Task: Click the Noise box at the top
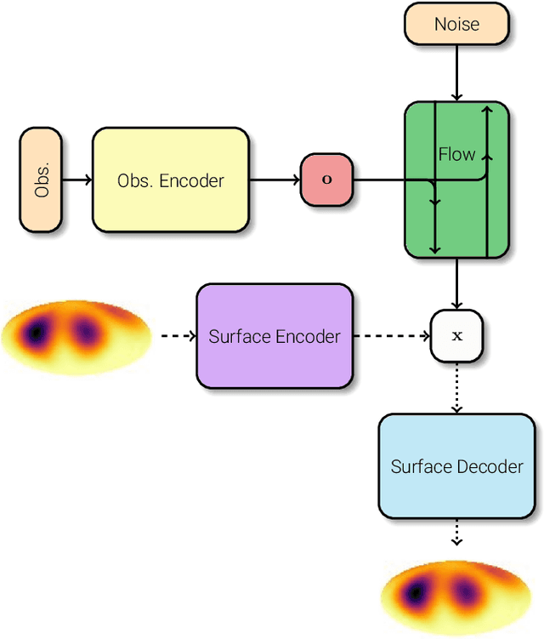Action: [456, 24]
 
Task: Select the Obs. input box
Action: [41, 180]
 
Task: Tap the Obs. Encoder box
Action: [170, 180]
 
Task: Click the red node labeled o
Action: [326, 180]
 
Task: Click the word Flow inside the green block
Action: [456, 154]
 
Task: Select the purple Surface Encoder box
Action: [274, 336]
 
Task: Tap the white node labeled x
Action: [456, 335]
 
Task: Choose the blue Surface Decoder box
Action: [456, 466]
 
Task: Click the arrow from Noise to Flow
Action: [456, 73]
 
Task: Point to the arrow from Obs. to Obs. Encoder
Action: [76, 180]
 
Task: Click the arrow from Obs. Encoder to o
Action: [275, 180]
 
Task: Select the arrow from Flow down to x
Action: [456, 283]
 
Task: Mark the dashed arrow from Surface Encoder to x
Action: [391, 336]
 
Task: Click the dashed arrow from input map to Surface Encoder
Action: [177, 336]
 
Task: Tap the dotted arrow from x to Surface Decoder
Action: [456, 387]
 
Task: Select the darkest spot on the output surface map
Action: [416, 592]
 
